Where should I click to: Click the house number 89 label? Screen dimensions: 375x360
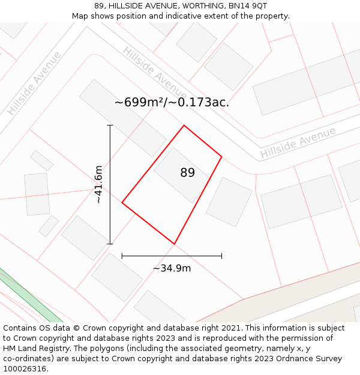tap(187, 173)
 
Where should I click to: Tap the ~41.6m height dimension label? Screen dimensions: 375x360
tap(100, 185)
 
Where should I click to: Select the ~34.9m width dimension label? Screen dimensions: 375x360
tap(172, 268)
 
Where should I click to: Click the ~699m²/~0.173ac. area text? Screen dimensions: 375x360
tap(172, 103)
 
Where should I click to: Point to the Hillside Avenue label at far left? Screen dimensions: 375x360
tap(34, 83)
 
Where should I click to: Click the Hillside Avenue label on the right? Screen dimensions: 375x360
tap(298, 143)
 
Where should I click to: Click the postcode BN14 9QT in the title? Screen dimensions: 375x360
tap(248, 6)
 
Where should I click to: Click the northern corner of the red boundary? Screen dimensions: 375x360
tap(184, 125)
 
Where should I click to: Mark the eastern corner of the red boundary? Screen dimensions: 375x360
tap(221, 157)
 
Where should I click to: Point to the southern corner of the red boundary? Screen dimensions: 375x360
tap(174, 244)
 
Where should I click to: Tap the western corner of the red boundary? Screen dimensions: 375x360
tap(122, 203)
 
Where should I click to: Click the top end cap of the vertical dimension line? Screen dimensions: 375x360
tap(110, 125)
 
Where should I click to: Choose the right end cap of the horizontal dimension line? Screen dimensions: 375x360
tap(221, 256)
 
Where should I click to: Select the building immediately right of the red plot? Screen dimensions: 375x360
tap(229, 202)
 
